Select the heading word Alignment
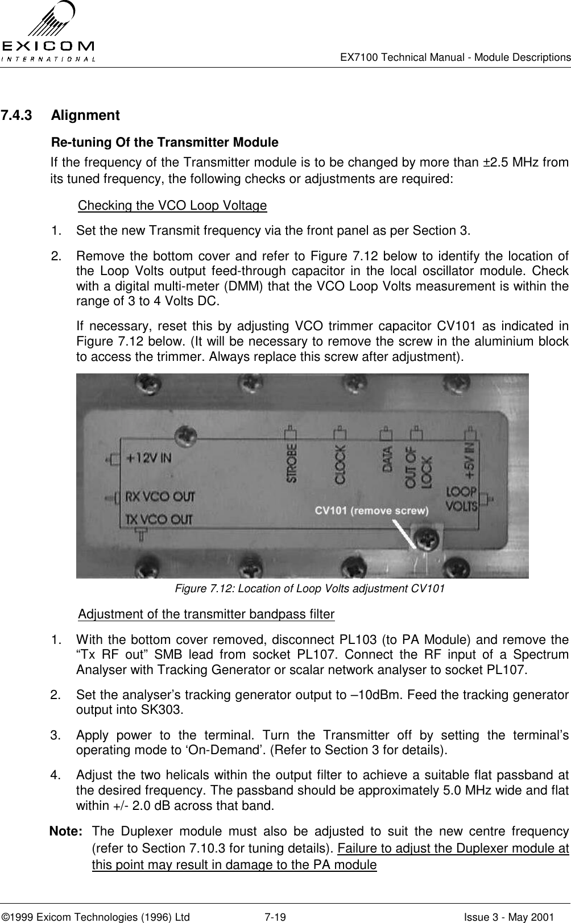pos(85,116)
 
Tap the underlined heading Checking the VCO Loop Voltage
pos(172,205)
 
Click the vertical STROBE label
pos(291,463)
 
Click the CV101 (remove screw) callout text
pos(372,510)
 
